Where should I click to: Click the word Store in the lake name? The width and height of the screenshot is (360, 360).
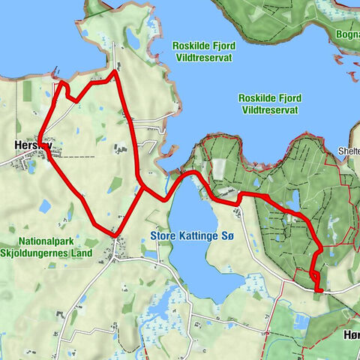click(164, 237)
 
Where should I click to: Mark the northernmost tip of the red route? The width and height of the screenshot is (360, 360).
click(114, 72)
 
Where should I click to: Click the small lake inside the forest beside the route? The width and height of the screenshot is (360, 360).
click(293, 199)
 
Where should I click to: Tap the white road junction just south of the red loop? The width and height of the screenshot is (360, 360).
click(114, 256)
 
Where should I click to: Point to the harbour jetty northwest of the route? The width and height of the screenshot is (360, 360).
click(53, 76)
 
